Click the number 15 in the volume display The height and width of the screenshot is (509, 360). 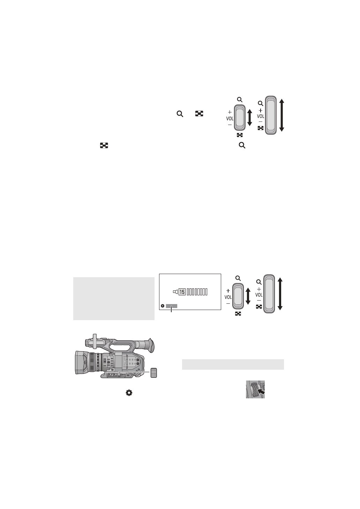[x=182, y=292]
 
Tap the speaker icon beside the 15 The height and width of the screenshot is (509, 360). [x=175, y=292]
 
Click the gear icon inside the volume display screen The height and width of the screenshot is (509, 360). [x=163, y=306]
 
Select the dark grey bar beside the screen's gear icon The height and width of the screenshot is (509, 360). [x=172, y=306]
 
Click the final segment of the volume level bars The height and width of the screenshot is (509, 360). [x=206, y=292]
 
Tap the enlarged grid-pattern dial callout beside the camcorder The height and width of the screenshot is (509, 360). [x=154, y=373]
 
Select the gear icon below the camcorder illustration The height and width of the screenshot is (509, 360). [x=129, y=393]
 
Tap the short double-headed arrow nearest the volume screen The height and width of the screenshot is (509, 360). [x=248, y=295]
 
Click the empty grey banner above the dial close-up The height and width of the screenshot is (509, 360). [x=233, y=364]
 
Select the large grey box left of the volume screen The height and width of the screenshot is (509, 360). [x=114, y=298]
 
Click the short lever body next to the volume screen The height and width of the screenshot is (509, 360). [x=238, y=296]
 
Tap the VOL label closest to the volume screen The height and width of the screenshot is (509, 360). [x=228, y=297]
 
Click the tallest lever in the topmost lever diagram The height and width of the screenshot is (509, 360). [x=270, y=115]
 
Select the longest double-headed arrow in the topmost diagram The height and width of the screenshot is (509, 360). [x=282, y=115]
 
